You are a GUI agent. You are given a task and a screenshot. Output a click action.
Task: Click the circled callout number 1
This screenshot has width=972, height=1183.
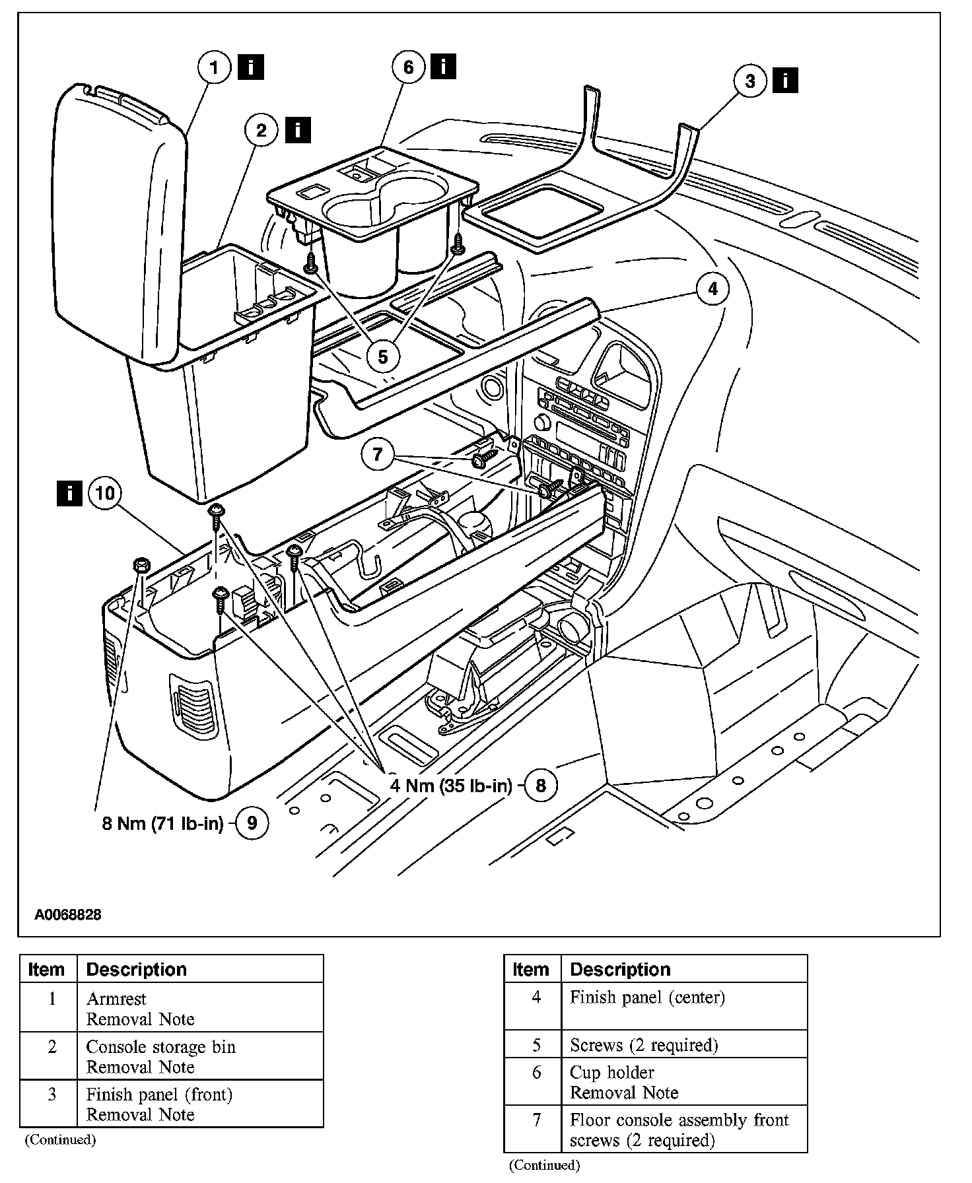214,68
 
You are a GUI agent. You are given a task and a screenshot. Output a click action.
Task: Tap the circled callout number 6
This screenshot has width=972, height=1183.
408,67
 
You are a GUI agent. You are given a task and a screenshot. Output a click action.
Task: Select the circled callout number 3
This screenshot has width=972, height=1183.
750,81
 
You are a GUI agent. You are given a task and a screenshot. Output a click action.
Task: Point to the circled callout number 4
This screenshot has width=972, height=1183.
712,289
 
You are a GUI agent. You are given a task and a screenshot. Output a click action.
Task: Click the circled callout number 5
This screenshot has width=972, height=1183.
383,356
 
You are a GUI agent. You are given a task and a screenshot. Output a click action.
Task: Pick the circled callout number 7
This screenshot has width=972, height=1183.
378,454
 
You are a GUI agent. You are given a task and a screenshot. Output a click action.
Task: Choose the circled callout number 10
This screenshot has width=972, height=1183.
105,493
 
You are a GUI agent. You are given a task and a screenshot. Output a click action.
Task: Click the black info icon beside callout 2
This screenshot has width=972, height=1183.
298,129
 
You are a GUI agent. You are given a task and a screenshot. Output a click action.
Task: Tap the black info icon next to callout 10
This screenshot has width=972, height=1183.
69,492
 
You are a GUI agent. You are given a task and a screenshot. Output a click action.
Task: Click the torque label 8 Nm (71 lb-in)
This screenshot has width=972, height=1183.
162,823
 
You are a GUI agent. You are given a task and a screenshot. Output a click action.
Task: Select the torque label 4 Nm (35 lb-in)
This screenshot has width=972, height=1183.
451,785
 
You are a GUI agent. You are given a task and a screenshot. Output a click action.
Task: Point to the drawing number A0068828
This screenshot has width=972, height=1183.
68,915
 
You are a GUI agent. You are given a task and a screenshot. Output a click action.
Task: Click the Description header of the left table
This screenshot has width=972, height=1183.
137,969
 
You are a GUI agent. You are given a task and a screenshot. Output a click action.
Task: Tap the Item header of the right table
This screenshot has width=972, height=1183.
531,969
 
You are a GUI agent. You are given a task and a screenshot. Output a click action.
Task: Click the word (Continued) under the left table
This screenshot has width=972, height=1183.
60,1139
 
